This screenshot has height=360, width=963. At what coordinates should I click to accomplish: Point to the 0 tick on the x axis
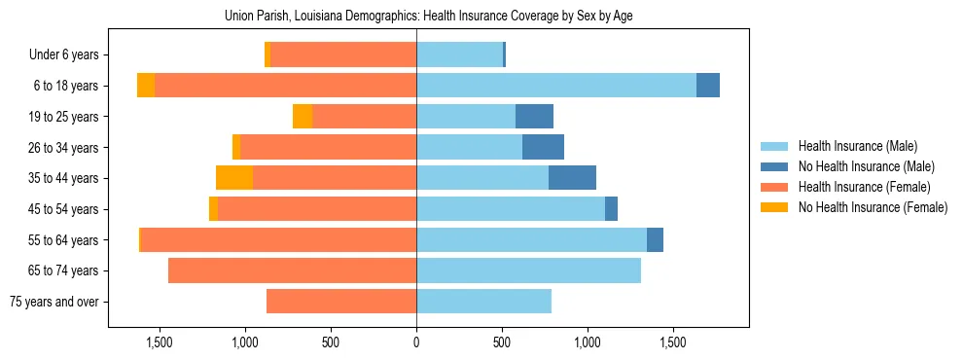[x=416, y=342]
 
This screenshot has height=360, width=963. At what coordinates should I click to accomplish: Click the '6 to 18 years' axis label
[x=66, y=86]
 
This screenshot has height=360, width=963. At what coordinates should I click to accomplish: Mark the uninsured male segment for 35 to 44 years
[x=572, y=178]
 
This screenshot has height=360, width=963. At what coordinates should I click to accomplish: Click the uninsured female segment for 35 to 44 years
[x=234, y=178]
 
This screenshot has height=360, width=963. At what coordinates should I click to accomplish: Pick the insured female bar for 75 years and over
[x=341, y=302]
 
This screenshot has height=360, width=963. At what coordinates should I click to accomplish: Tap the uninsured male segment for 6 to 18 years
[x=708, y=86]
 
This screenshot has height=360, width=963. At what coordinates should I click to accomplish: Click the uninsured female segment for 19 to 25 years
[x=303, y=117]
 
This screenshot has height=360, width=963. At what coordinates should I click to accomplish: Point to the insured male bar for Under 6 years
[x=459, y=55]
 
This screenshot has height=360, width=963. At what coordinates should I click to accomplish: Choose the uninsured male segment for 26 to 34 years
[x=543, y=147]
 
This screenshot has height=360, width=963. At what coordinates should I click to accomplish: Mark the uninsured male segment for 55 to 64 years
[x=655, y=239]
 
